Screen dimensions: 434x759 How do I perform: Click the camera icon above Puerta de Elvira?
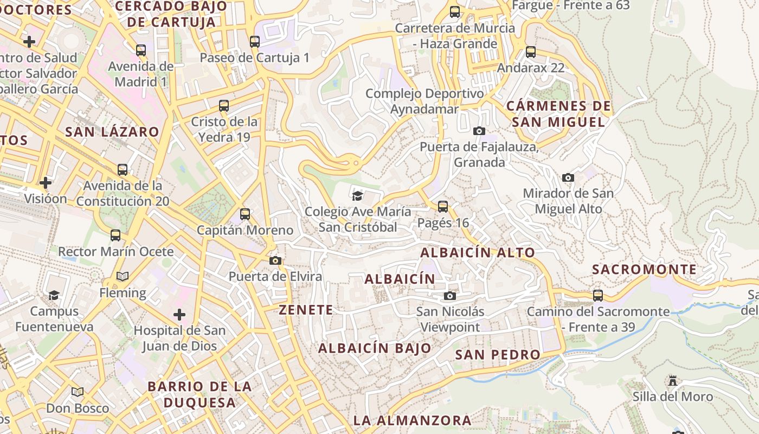point(275,260)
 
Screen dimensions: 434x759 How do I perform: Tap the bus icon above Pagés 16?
point(443,207)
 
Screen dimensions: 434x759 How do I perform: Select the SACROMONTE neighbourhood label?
point(644,270)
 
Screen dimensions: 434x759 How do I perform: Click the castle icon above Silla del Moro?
point(673,381)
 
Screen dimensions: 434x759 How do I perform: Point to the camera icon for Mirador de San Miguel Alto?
point(568,177)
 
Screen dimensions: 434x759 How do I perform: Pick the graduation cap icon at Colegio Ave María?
point(357,195)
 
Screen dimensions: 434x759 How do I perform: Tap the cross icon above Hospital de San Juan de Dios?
point(179,314)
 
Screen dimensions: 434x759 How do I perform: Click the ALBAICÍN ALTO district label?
point(478,252)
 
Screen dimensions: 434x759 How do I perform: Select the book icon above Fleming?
point(123,277)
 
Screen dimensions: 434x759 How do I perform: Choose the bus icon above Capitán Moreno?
point(245,214)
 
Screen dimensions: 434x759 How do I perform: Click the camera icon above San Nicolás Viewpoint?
point(450,296)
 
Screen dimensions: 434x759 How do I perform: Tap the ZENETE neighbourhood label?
point(306,310)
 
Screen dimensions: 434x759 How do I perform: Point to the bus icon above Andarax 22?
point(531,52)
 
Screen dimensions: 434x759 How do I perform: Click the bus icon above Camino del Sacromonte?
point(598,296)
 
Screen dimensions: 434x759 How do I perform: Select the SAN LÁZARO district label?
point(112,132)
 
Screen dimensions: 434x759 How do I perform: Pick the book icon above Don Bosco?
point(78,392)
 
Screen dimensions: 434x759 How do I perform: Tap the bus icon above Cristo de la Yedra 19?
point(224,106)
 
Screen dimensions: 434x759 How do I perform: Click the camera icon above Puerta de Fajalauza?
point(479,131)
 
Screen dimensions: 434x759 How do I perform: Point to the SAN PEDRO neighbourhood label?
point(498,355)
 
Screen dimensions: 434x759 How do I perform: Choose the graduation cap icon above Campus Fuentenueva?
point(54,295)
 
